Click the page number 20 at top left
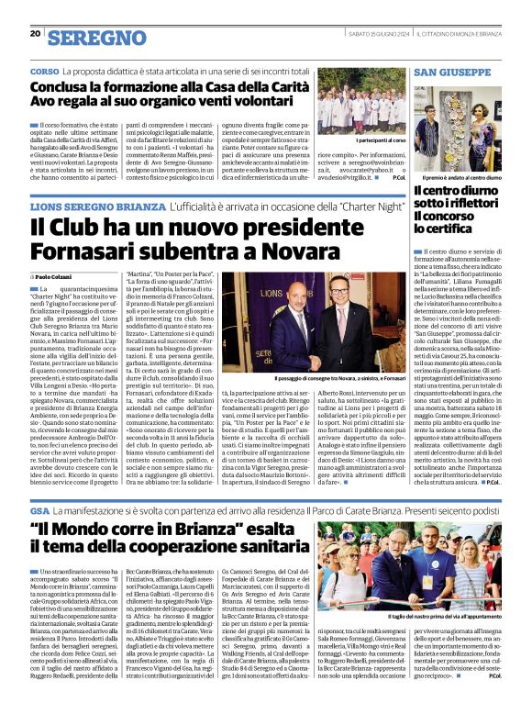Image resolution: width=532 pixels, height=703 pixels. tap(35, 34)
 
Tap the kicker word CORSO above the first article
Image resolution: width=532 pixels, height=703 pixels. tap(44, 72)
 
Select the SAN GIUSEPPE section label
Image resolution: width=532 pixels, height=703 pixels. tap(452, 72)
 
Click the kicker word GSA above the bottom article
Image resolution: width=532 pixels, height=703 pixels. tap(39, 508)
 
